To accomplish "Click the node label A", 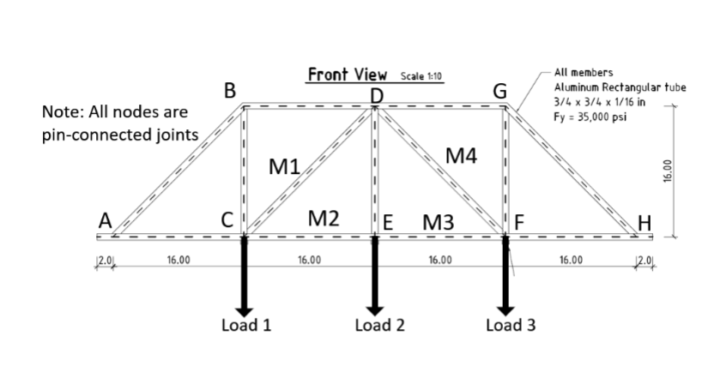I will click(x=105, y=219).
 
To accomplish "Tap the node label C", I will click(x=228, y=219).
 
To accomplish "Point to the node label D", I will click(x=376, y=95).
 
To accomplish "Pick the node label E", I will click(x=388, y=222).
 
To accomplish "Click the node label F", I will click(x=519, y=221).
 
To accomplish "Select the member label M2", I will click(x=321, y=220).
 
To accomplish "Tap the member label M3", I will click(x=438, y=222).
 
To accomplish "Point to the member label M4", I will click(x=462, y=157).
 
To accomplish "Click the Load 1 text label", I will click(x=245, y=326).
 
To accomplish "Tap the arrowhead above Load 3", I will click(x=505, y=308).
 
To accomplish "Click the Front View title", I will click(x=348, y=75).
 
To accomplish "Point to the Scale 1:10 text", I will click(x=421, y=76).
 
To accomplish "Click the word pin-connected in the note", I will click(x=83, y=135).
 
